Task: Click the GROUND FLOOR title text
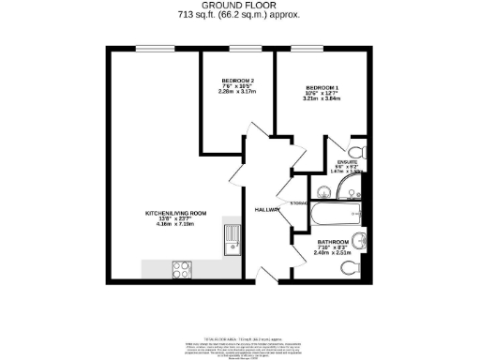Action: [x=239, y=6]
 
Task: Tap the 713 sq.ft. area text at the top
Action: [x=239, y=15]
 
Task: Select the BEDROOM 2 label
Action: [x=238, y=80]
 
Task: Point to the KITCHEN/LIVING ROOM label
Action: [x=171, y=214]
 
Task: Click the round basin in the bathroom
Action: [x=357, y=238]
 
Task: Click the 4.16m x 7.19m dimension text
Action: [x=171, y=226]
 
